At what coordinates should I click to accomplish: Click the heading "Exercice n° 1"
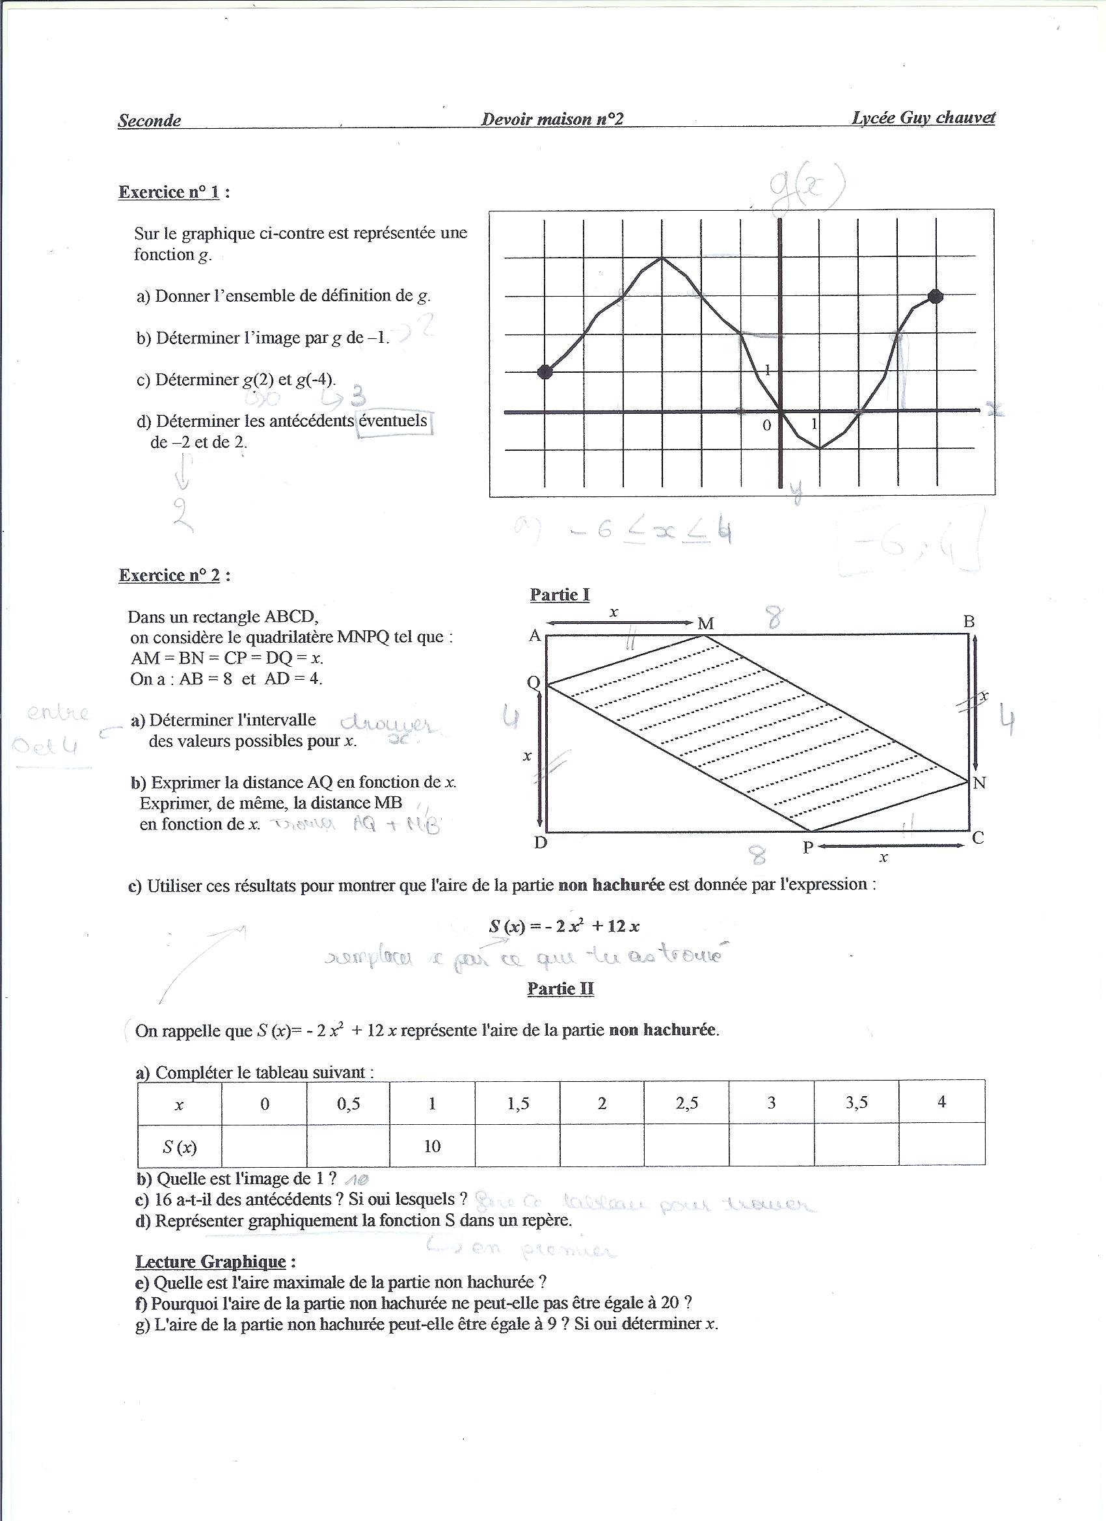point(169,193)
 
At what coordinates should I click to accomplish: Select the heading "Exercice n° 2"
point(169,575)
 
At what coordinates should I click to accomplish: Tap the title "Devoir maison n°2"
point(552,119)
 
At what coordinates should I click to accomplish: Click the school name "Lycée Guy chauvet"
point(923,118)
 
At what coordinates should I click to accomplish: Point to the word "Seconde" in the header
point(150,121)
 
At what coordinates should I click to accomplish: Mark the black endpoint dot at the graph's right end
point(936,296)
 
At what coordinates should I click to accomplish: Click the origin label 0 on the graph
point(766,425)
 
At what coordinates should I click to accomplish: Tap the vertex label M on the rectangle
point(706,624)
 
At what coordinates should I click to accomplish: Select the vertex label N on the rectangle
point(979,783)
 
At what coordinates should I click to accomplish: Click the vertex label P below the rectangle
point(808,848)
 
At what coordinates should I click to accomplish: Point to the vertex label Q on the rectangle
point(534,682)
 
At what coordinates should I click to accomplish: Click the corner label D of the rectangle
point(541,843)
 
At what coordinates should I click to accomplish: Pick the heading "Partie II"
point(560,988)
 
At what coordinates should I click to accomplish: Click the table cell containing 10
point(432,1146)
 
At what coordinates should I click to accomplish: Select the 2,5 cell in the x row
point(687,1103)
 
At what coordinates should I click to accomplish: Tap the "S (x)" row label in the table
point(179,1147)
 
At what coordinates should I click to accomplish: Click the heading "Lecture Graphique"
point(211,1261)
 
